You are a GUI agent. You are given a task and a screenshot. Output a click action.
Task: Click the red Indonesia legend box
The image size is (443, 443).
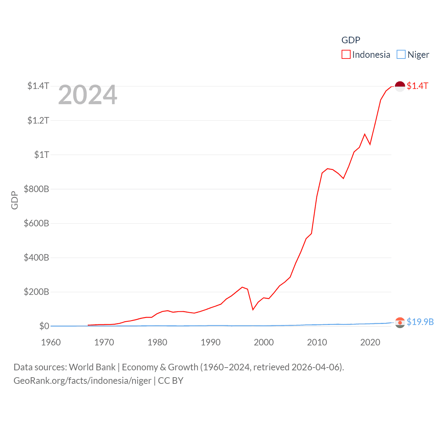(346, 55)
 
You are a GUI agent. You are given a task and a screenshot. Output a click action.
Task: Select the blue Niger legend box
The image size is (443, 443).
(401, 55)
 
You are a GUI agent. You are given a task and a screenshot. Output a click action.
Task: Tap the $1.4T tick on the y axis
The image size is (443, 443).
(38, 86)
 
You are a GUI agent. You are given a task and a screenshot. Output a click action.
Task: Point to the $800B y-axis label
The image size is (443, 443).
(36, 189)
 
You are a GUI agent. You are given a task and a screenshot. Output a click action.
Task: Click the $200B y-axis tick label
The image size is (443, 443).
(36, 292)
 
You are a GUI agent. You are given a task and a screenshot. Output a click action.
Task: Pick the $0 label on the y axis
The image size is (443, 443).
(44, 326)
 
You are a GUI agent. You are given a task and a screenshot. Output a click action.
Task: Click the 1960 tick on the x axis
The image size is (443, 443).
(51, 342)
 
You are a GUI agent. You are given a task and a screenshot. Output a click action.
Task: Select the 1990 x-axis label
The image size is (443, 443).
(210, 342)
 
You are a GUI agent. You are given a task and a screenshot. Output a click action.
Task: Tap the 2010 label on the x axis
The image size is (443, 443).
(317, 342)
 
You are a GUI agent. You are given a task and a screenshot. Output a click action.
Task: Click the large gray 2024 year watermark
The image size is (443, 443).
(88, 95)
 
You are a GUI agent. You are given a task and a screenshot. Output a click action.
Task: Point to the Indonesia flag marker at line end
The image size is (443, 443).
(400, 86)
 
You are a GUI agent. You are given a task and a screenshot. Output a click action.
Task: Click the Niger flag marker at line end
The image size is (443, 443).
(400, 323)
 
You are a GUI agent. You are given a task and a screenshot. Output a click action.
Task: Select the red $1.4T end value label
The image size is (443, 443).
(417, 86)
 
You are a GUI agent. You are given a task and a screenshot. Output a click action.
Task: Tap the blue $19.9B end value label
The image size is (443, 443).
(420, 322)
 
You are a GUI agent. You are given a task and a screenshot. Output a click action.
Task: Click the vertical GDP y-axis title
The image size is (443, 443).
(15, 200)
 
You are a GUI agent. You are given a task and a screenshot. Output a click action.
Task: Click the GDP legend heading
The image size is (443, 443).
(351, 40)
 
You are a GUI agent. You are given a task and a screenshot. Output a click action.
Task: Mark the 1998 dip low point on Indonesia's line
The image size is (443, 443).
(253, 309)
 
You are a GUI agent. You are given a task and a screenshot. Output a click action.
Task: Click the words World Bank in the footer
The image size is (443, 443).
(92, 367)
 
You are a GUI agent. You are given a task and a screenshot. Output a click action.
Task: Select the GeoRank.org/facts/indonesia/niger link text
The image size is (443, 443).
(82, 381)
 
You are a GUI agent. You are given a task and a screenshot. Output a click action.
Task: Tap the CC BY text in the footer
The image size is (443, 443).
(171, 381)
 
